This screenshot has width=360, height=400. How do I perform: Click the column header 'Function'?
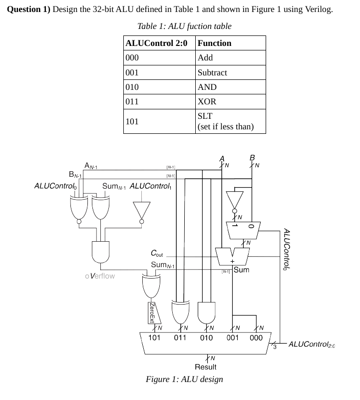click(x=215, y=43)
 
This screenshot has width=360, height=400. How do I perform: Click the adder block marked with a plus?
click(x=232, y=257)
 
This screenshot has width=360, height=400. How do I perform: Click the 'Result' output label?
click(x=206, y=367)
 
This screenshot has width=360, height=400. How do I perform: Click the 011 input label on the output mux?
click(x=180, y=338)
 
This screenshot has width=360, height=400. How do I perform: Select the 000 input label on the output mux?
click(x=256, y=338)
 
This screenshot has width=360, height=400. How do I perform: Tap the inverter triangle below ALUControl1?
click(x=142, y=211)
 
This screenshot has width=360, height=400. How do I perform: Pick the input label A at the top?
click(x=222, y=159)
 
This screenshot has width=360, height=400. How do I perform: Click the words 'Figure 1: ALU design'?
click(x=184, y=379)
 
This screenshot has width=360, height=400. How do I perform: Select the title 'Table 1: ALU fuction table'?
click(x=184, y=26)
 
